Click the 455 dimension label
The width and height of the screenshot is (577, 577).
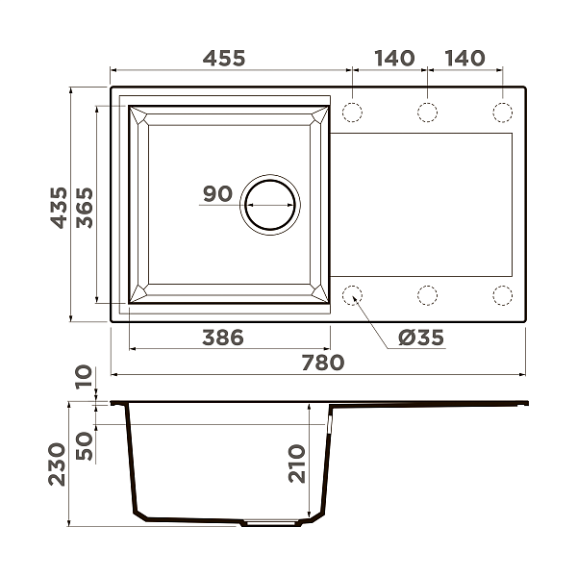click(223, 58)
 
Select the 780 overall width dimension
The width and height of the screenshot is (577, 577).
click(322, 363)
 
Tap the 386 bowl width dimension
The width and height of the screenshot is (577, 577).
click(222, 338)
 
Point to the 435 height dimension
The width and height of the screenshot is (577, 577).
click(60, 207)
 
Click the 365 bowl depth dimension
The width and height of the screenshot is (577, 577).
click(85, 207)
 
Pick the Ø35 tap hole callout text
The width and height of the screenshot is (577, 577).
click(420, 338)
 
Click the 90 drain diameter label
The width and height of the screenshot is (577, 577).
click(217, 194)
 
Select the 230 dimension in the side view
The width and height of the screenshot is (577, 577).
click(60, 464)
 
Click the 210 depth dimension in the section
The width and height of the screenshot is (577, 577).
click(295, 464)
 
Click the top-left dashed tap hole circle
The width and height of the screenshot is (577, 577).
click(352, 112)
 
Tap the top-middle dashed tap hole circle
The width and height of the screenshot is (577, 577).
click(427, 112)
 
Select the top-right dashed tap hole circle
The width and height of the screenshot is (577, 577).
click(502, 112)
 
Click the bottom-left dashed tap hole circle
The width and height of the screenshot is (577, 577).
click(352, 295)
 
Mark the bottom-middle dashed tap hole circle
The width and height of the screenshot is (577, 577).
click(427, 295)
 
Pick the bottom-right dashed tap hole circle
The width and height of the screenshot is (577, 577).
click(502, 295)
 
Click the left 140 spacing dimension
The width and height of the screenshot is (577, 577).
click(394, 58)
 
